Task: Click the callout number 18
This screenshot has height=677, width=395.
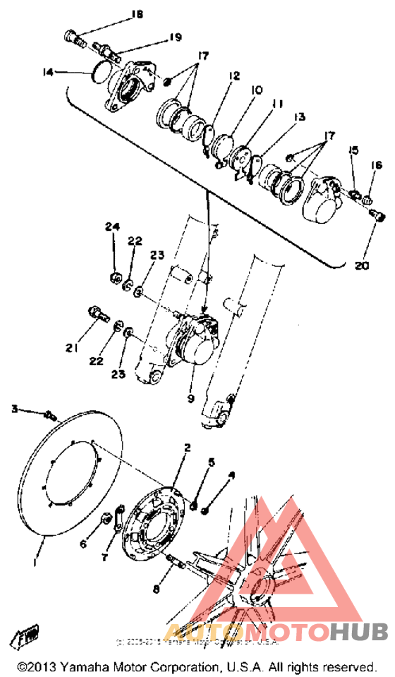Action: pos(136,14)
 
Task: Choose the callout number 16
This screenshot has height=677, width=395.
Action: pos(377,166)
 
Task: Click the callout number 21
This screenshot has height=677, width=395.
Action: pos(71,347)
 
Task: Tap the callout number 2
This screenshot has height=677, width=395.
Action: pos(188,448)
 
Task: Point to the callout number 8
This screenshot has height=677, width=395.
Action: pos(157,588)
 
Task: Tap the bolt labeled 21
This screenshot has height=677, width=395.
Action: pos(97,311)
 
